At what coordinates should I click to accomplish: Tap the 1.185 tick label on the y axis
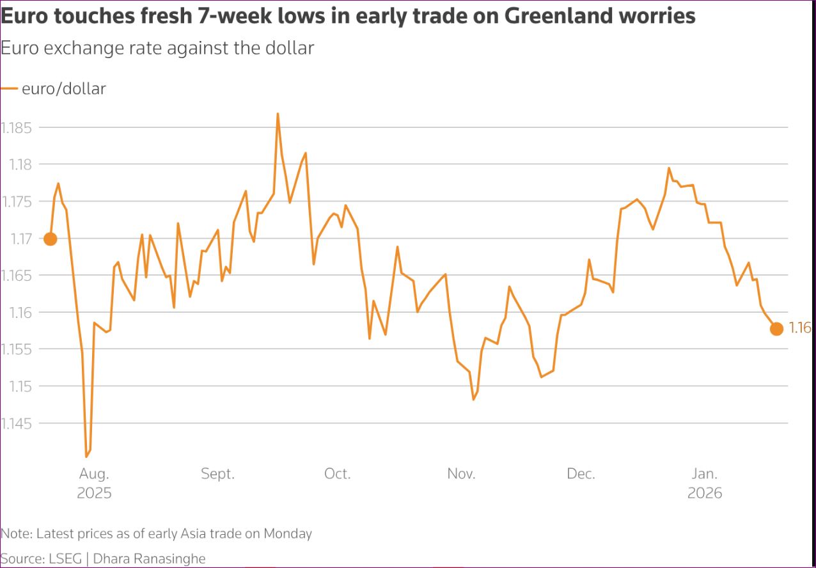[17, 128]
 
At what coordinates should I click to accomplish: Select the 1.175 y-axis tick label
[17, 201]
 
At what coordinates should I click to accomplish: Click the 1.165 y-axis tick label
[17, 276]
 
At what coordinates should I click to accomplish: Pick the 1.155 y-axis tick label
[17, 349]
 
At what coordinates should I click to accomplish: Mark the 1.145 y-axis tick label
[17, 423]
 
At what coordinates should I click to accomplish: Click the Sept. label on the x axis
[217, 474]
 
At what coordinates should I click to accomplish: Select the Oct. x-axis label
[337, 474]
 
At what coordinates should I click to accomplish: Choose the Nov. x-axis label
[461, 474]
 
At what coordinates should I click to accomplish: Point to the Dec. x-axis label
[581, 474]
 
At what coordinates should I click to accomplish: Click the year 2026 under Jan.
[705, 493]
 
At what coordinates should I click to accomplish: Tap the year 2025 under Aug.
[94, 493]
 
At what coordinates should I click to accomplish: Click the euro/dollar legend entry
[63, 89]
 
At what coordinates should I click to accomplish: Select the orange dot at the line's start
[50, 239]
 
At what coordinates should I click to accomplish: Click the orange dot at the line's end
[776, 329]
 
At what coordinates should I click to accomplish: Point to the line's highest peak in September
[278, 114]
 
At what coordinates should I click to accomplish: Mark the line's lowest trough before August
[86, 457]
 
